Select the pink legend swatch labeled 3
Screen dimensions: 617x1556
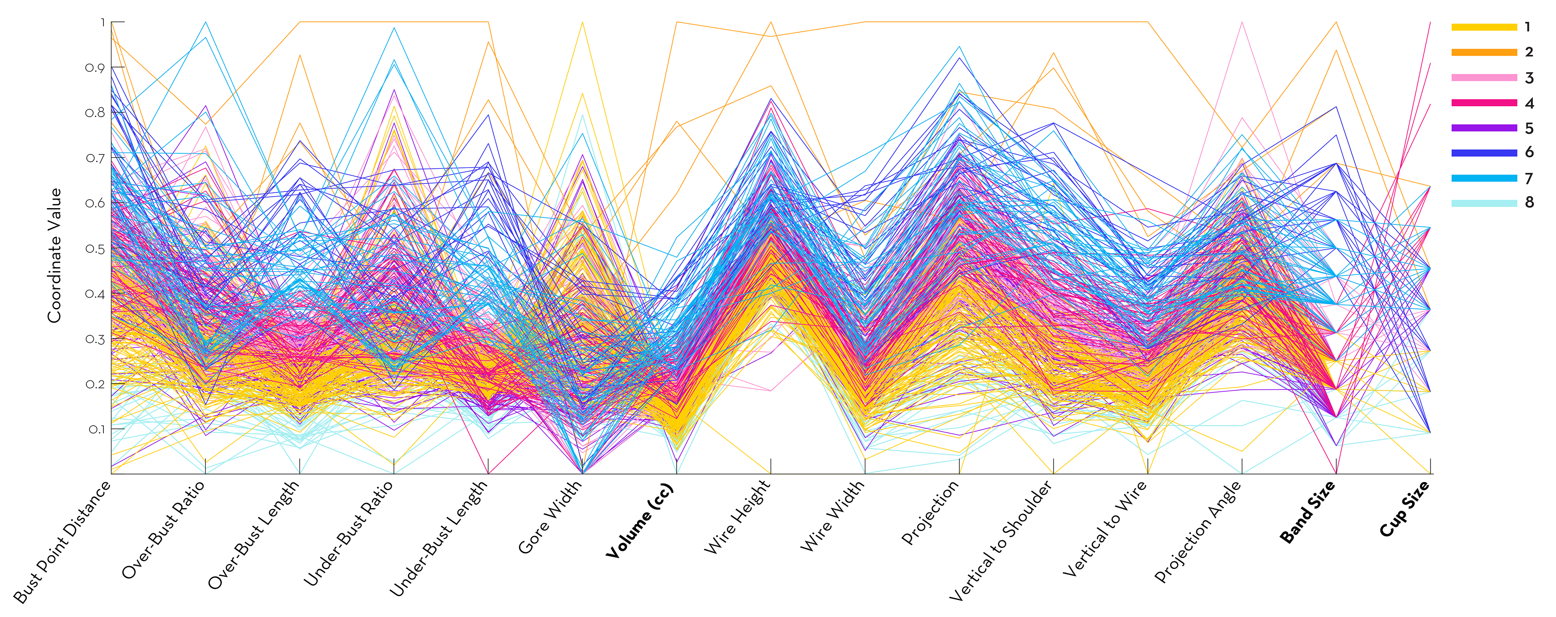1484,78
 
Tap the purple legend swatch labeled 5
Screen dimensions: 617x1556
1484,128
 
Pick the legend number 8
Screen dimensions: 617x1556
1529,202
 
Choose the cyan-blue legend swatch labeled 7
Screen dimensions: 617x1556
1484,178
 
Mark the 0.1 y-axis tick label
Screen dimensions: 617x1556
96,429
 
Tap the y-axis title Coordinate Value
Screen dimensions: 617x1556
55,255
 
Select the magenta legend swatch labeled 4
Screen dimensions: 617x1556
1484,103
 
